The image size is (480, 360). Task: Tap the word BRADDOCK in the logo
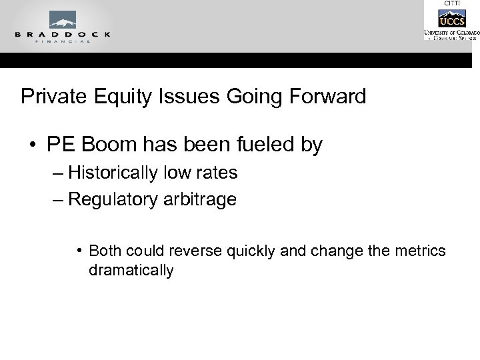pyautogui.click(x=62, y=33)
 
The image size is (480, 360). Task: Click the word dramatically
pyautogui.click(x=131, y=271)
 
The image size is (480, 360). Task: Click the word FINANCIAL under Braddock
pyautogui.click(x=62, y=41)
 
